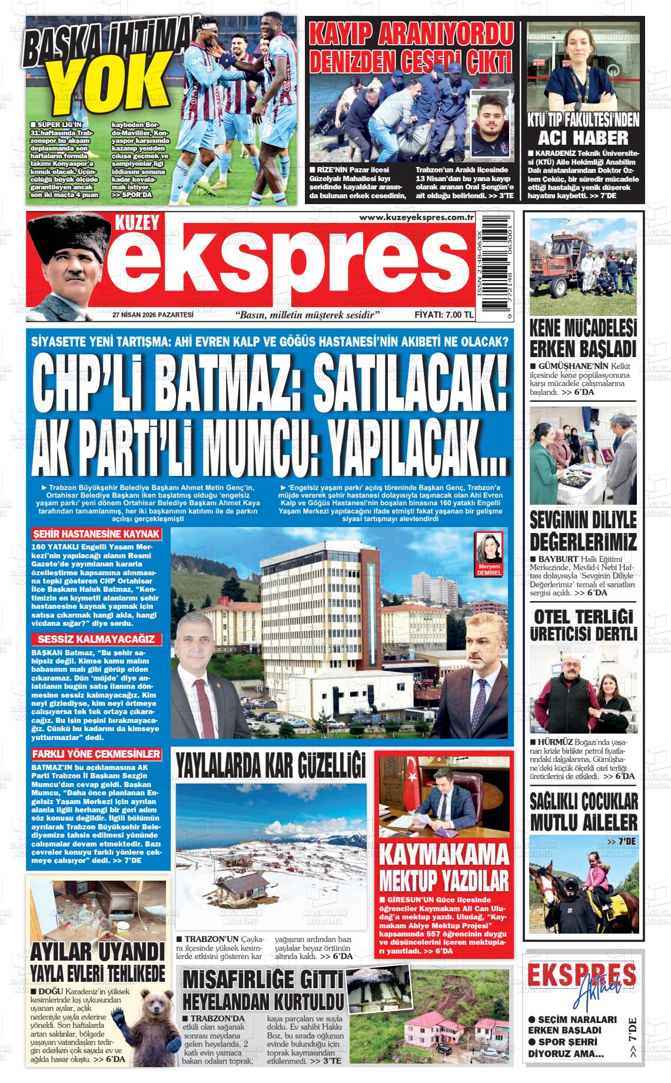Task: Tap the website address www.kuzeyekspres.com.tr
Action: [x=417, y=218]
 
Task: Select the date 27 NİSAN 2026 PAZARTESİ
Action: [x=153, y=315]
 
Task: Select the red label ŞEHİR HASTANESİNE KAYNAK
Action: [x=97, y=534]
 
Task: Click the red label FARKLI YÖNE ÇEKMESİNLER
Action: [x=97, y=754]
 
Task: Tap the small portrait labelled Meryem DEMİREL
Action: [x=489, y=550]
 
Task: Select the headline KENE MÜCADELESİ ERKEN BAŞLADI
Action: [x=583, y=338]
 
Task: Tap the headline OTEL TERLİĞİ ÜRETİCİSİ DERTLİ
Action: [x=583, y=625]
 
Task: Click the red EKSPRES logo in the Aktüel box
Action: [x=582, y=974]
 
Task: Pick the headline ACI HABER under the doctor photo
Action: [x=583, y=137]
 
